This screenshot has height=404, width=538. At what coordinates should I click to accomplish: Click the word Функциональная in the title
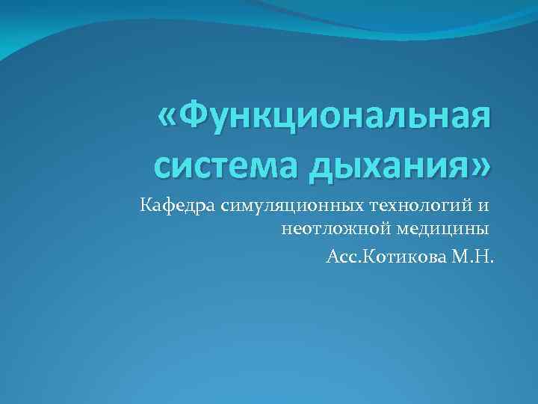click(336, 117)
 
